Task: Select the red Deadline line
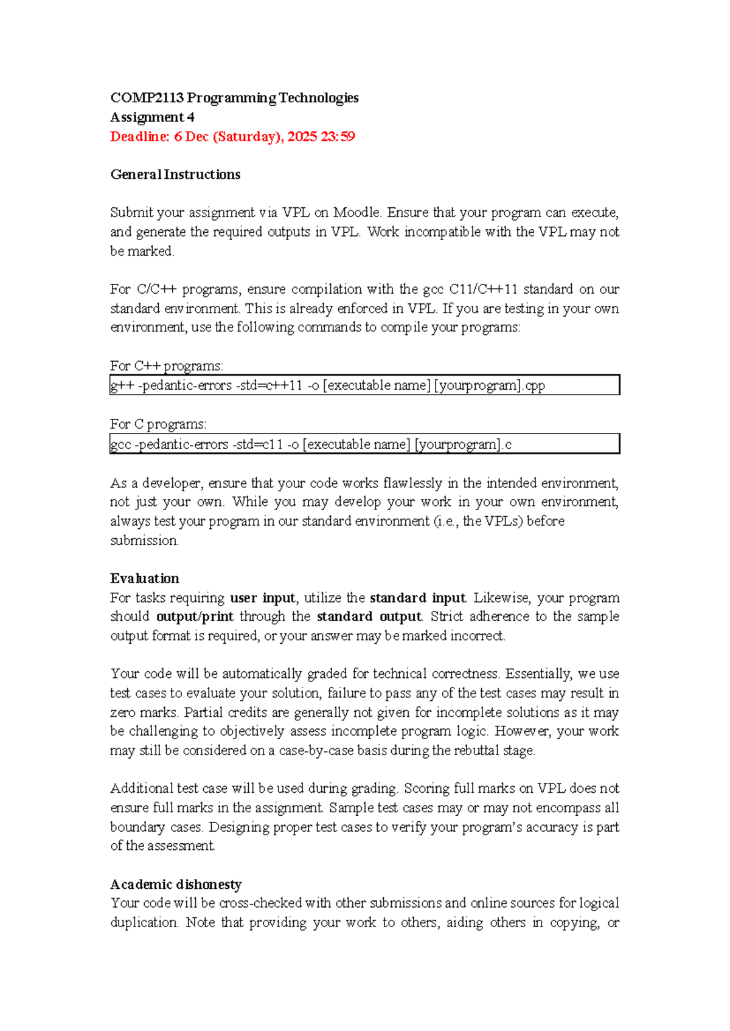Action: pos(232,137)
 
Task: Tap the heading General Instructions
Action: pos(175,175)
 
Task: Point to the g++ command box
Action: pos(364,385)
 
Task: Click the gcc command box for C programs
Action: pos(364,444)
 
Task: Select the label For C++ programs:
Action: pos(167,366)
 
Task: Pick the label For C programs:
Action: pos(158,424)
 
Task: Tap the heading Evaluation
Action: pos(145,579)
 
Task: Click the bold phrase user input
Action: pos(263,598)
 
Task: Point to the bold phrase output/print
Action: pos(195,617)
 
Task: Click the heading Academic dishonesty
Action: pos(176,884)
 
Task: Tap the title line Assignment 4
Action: pos(152,117)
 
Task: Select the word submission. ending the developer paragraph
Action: pos(144,541)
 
